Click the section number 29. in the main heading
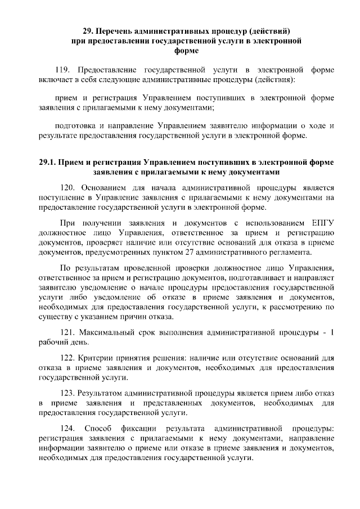pyautogui.click(x=88, y=31)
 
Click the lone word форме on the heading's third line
pyautogui.click(x=186, y=51)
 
